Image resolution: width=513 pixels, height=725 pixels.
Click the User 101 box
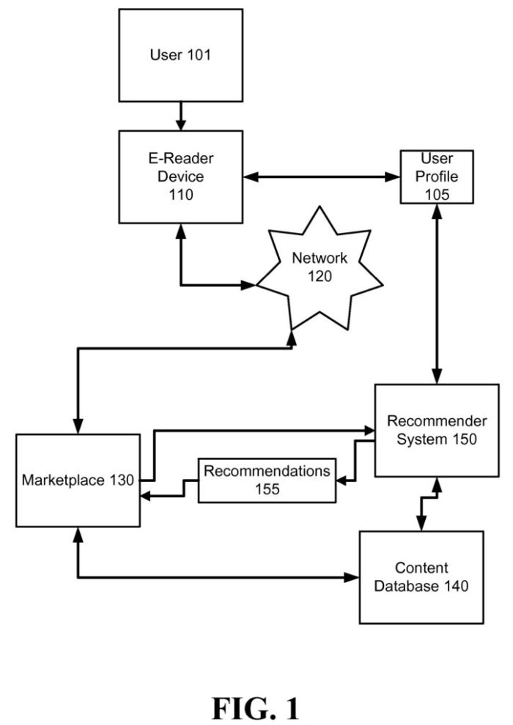[182, 55]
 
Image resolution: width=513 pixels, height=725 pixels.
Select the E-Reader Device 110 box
[181, 176]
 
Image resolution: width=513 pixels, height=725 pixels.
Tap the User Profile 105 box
[436, 176]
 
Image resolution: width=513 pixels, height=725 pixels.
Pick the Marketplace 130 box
[78, 480]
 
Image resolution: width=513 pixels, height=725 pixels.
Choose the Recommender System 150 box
[437, 431]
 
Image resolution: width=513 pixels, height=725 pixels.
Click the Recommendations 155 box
[267, 480]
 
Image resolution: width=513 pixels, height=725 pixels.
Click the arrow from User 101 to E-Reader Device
[182, 116]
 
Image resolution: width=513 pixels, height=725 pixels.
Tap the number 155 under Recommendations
[267, 489]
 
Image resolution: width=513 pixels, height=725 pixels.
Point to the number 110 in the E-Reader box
[181, 195]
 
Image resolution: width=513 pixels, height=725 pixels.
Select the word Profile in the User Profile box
[436, 176]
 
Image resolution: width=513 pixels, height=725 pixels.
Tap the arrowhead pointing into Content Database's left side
[353, 578]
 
